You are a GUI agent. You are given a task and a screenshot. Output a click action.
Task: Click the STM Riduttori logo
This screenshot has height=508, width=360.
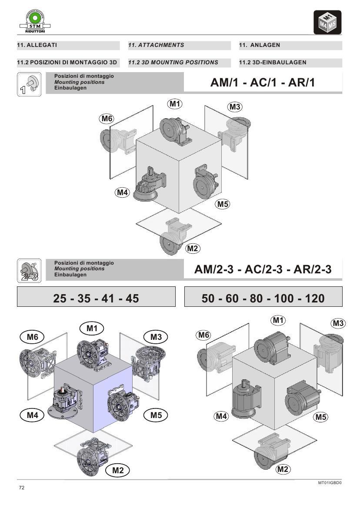click(x=32, y=21)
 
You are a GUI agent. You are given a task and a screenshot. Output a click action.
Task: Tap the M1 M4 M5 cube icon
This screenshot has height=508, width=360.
click(x=327, y=22)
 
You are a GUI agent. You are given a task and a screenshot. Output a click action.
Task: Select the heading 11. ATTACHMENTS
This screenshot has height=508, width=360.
click(x=156, y=45)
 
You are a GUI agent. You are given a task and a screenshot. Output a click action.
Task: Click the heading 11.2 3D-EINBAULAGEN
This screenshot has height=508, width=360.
click(x=273, y=63)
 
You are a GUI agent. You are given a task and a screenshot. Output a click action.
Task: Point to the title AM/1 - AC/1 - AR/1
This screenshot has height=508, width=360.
click(x=262, y=83)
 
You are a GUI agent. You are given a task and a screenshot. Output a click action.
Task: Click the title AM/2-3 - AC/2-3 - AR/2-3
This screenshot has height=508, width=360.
click(x=263, y=269)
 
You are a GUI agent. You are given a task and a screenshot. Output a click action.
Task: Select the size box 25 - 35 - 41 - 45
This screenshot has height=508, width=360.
click(x=96, y=298)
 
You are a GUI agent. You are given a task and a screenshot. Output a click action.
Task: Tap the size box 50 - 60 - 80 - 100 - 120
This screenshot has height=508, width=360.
click(x=263, y=298)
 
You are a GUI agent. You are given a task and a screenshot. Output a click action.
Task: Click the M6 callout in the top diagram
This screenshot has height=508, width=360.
click(x=107, y=118)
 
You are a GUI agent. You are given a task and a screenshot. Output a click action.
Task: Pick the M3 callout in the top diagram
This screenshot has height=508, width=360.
click(x=235, y=107)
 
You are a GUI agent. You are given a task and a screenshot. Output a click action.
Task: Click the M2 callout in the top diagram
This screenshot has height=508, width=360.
click(x=193, y=249)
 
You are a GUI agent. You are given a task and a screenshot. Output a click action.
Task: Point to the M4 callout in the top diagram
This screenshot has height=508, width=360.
click(x=123, y=192)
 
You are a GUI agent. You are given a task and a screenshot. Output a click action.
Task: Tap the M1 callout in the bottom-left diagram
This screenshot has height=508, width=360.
click(x=92, y=329)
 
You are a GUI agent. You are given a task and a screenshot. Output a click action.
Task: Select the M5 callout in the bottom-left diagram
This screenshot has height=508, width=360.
click(x=156, y=415)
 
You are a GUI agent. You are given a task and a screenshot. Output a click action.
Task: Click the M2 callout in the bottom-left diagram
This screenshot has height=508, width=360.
click(x=118, y=470)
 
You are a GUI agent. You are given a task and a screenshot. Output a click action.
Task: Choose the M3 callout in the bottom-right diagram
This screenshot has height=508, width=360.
click(x=338, y=323)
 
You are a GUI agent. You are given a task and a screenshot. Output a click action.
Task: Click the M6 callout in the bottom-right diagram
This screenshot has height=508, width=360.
click(x=203, y=335)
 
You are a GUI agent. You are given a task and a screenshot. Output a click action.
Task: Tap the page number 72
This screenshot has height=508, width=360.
click(x=22, y=488)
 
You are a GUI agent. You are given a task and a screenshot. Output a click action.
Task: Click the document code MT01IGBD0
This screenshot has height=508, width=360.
click(x=330, y=482)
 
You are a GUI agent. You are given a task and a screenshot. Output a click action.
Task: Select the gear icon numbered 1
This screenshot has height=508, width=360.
click(x=29, y=85)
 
